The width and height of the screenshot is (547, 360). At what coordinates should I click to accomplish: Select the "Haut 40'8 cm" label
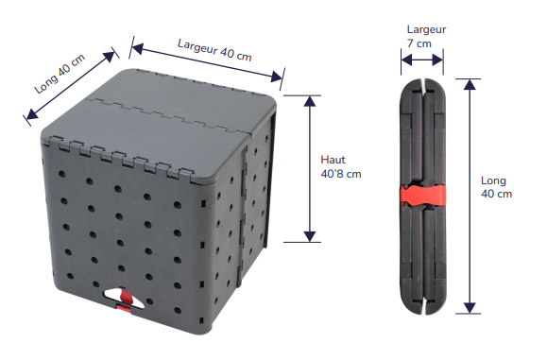[x=340, y=166]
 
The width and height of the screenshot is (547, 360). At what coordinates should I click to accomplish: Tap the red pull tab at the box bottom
[x=126, y=304]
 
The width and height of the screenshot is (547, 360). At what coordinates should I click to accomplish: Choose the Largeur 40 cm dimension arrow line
[x=207, y=61]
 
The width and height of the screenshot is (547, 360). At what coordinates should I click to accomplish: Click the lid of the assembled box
[x=161, y=124]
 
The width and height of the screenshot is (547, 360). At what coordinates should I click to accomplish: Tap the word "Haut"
[x=333, y=160]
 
